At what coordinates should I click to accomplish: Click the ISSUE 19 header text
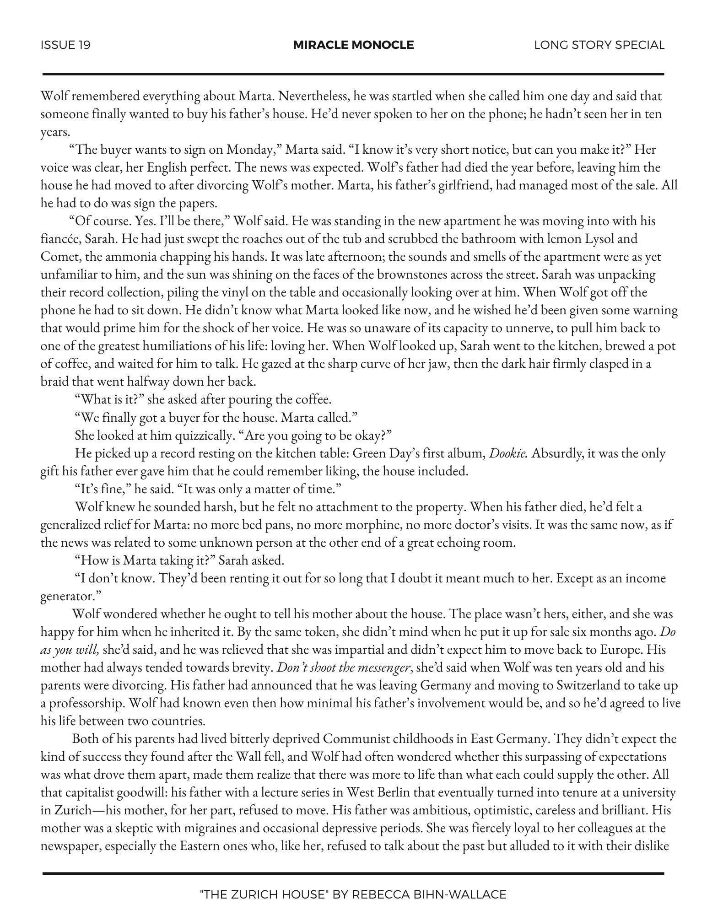(x=65, y=45)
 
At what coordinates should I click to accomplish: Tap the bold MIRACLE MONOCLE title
(x=353, y=45)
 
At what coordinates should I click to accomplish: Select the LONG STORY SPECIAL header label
(x=599, y=45)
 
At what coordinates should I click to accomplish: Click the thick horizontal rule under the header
(x=353, y=74)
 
